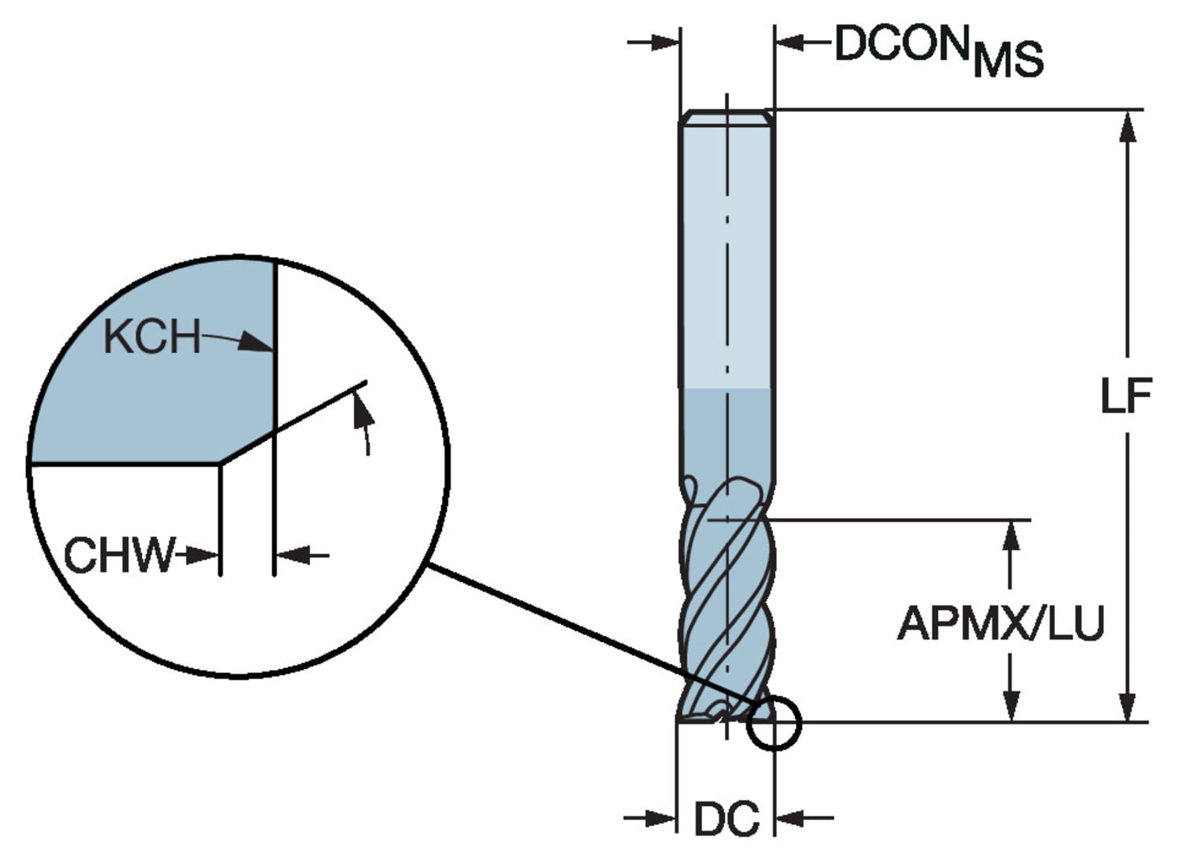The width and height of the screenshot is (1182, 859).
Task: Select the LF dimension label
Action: (1126, 396)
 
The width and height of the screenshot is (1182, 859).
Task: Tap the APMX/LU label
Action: (1001, 624)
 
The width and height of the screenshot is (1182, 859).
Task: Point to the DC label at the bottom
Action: (727, 820)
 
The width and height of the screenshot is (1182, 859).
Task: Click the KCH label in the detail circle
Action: (152, 337)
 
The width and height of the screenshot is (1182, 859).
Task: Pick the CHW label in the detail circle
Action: (118, 555)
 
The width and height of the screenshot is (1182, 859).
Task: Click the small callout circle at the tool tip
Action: (773, 723)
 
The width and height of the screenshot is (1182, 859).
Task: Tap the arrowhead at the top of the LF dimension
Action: (1128, 126)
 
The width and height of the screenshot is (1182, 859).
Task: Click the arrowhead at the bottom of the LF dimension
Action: (1128, 705)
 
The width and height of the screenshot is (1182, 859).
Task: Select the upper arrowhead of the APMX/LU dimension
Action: (1011, 536)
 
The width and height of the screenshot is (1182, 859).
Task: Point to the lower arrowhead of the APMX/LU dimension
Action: (1011, 705)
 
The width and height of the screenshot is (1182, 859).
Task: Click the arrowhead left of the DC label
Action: (662, 818)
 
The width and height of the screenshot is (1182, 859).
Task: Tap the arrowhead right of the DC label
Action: (791, 818)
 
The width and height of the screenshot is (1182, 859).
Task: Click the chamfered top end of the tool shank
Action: (727, 117)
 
